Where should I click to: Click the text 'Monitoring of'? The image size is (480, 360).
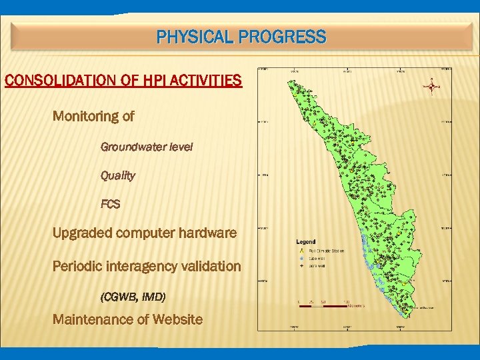(x=93, y=117)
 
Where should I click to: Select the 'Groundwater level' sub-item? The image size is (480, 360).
(x=146, y=147)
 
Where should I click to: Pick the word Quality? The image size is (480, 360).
(x=117, y=176)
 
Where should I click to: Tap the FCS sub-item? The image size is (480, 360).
(x=110, y=205)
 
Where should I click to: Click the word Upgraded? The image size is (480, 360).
(x=82, y=234)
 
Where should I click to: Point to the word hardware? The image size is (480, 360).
(x=206, y=234)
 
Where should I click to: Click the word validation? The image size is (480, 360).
(x=211, y=267)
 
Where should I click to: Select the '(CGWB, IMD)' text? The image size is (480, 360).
(x=132, y=296)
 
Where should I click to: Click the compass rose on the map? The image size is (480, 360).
(x=432, y=86)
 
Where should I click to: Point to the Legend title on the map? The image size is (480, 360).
(x=306, y=241)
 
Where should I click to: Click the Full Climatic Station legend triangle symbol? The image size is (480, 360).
(x=301, y=251)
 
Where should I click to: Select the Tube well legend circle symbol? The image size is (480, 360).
(x=301, y=258)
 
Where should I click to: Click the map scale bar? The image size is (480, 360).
(x=323, y=307)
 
